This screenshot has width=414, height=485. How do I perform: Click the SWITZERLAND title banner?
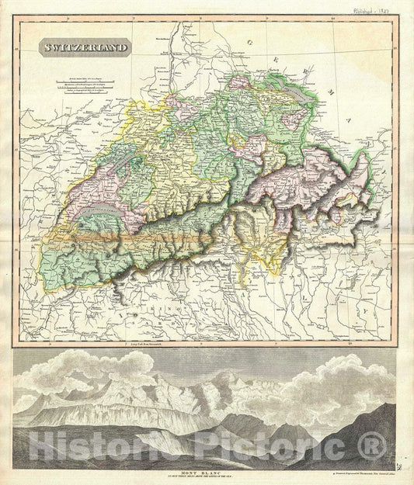click(x=85, y=47)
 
